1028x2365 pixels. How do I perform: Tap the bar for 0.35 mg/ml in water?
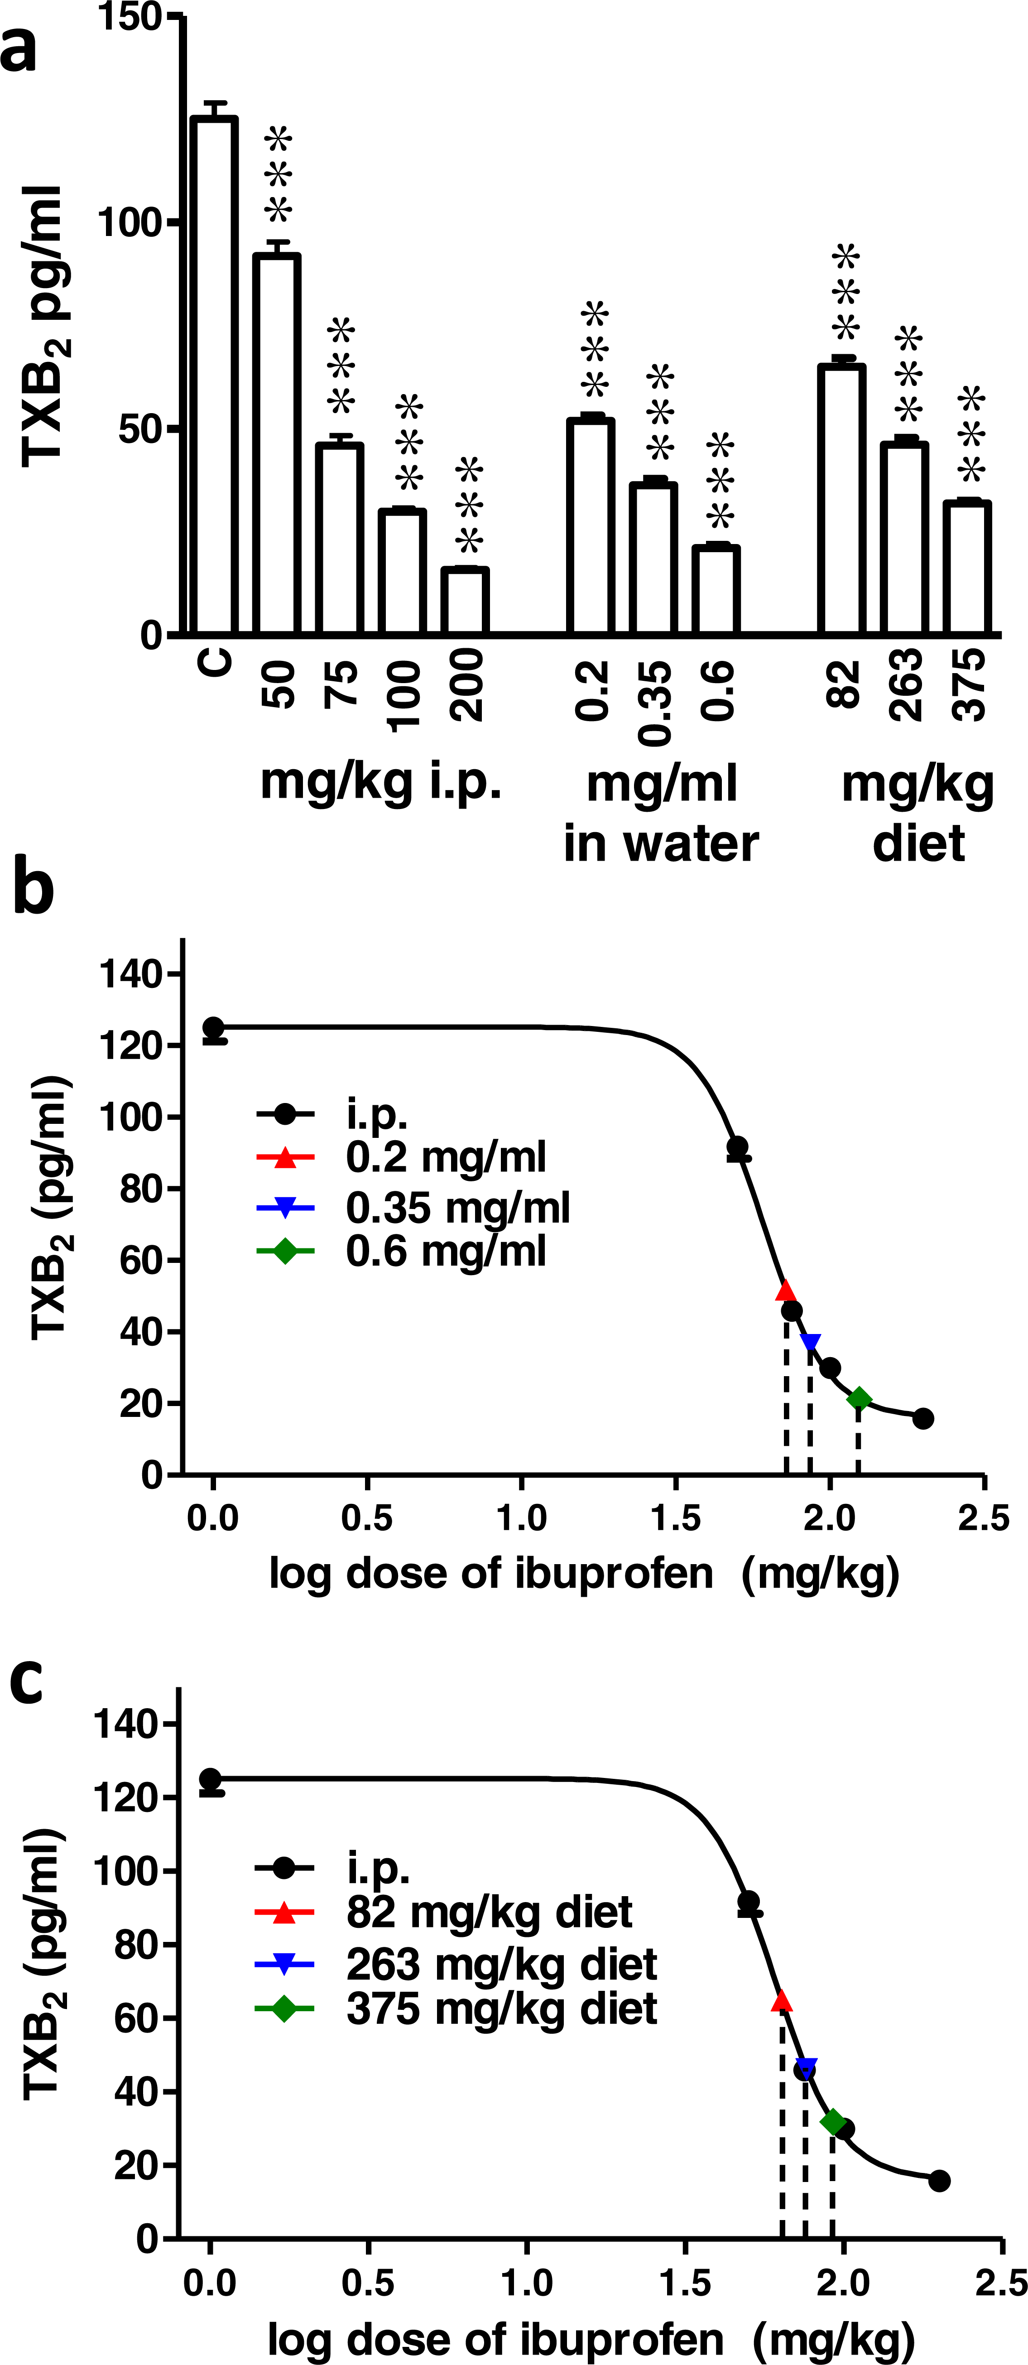(653, 558)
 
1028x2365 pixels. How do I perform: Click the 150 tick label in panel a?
(129, 16)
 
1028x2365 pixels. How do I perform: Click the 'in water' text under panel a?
(661, 843)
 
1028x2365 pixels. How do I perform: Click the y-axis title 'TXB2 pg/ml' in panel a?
(44, 326)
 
